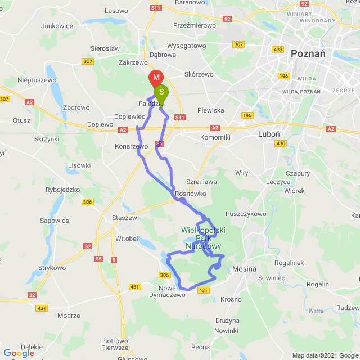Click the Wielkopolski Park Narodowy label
tap(201, 238)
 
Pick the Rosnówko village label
tap(191, 193)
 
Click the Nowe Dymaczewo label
tap(167, 291)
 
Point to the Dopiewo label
tap(101, 124)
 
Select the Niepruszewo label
tap(37, 80)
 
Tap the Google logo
tap(19, 353)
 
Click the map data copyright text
tap(325, 355)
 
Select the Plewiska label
tap(211, 110)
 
